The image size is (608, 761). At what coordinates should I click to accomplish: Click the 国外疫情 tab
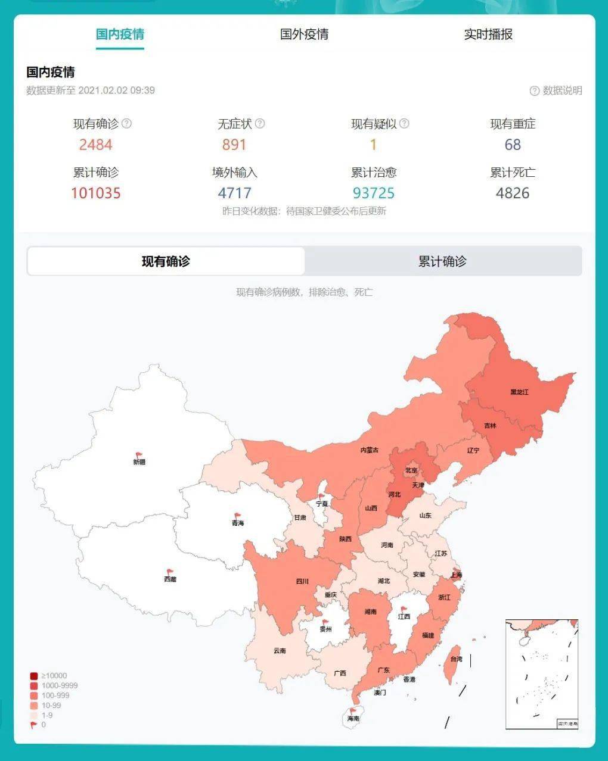(304, 35)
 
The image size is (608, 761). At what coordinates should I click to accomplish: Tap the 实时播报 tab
(488, 35)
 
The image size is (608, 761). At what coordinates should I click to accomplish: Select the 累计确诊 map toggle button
(442, 261)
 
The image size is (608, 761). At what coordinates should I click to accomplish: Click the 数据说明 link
(556, 91)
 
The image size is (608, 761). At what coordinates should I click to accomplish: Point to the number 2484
(95, 145)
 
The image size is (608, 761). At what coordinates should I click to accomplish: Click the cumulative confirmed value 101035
(95, 193)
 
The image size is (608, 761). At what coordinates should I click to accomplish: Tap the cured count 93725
(374, 193)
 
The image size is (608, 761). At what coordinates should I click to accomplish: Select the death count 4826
(512, 193)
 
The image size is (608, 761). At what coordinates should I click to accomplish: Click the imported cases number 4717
(234, 193)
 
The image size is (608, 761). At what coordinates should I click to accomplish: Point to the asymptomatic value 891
(234, 145)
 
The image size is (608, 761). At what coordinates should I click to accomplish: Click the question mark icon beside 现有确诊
(126, 124)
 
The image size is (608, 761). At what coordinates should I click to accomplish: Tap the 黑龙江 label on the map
(519, 392)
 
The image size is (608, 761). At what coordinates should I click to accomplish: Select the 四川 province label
(302, 582)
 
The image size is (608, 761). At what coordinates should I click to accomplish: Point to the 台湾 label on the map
(456, 659)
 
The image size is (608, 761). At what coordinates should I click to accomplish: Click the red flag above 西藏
(170, 572)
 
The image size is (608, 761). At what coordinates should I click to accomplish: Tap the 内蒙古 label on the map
(370, 450)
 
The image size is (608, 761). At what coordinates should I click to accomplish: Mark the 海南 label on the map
(353, 719)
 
